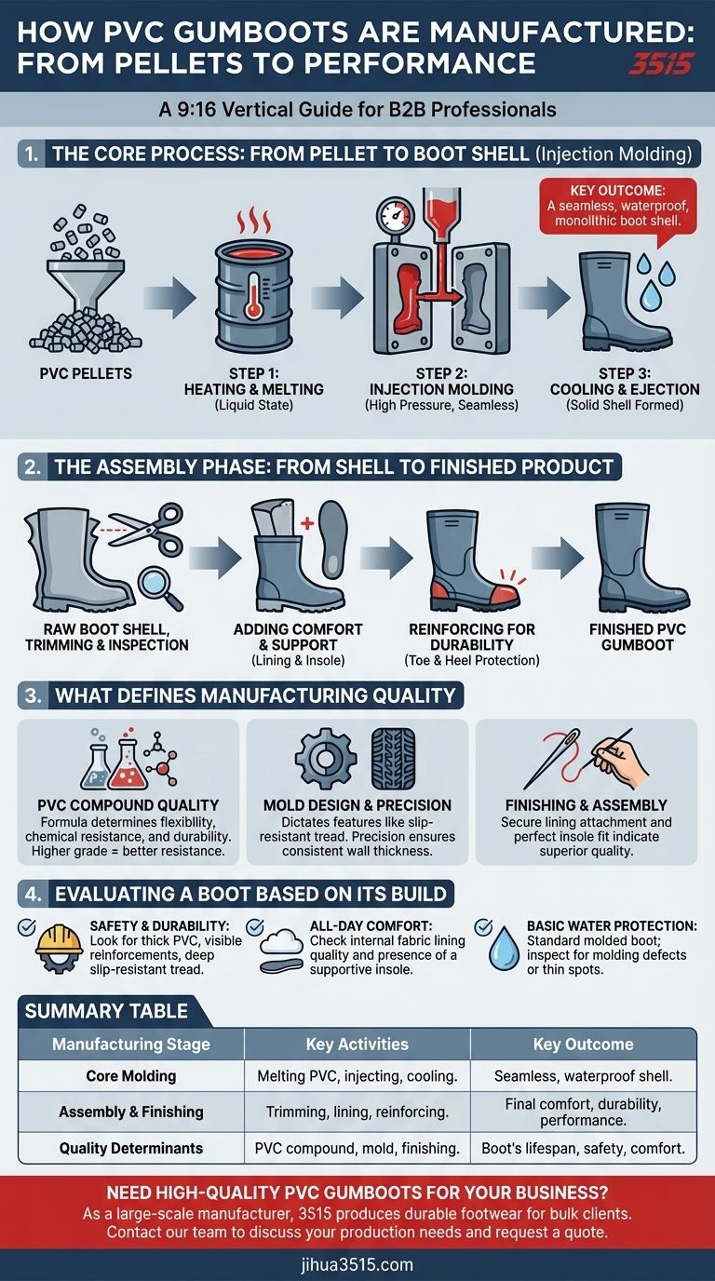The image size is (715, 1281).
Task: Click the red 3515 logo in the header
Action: pyautogui.click(x=661, y=63)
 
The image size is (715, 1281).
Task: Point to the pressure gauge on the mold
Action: pyautogui.click(x=396, y=216)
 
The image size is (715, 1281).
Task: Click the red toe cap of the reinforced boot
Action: pyautogui.click(x=500, y=595)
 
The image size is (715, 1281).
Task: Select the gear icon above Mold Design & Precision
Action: pyautogui.click(x=326, y=759)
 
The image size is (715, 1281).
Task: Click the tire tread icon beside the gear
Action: pyautogui.click(x=394, y=759)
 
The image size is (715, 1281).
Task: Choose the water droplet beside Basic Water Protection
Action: pyautogui.click(x=504, y=947)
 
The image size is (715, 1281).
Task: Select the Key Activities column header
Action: pyautogui.click(x=357, y=1045)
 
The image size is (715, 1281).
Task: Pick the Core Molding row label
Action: pyautogui.click(x=131, y=1075)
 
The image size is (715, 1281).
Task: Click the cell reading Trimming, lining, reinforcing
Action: pyautogui.click(x=357, y=1112)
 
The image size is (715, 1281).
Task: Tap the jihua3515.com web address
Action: pyautogui.click(x=357, y=1264)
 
